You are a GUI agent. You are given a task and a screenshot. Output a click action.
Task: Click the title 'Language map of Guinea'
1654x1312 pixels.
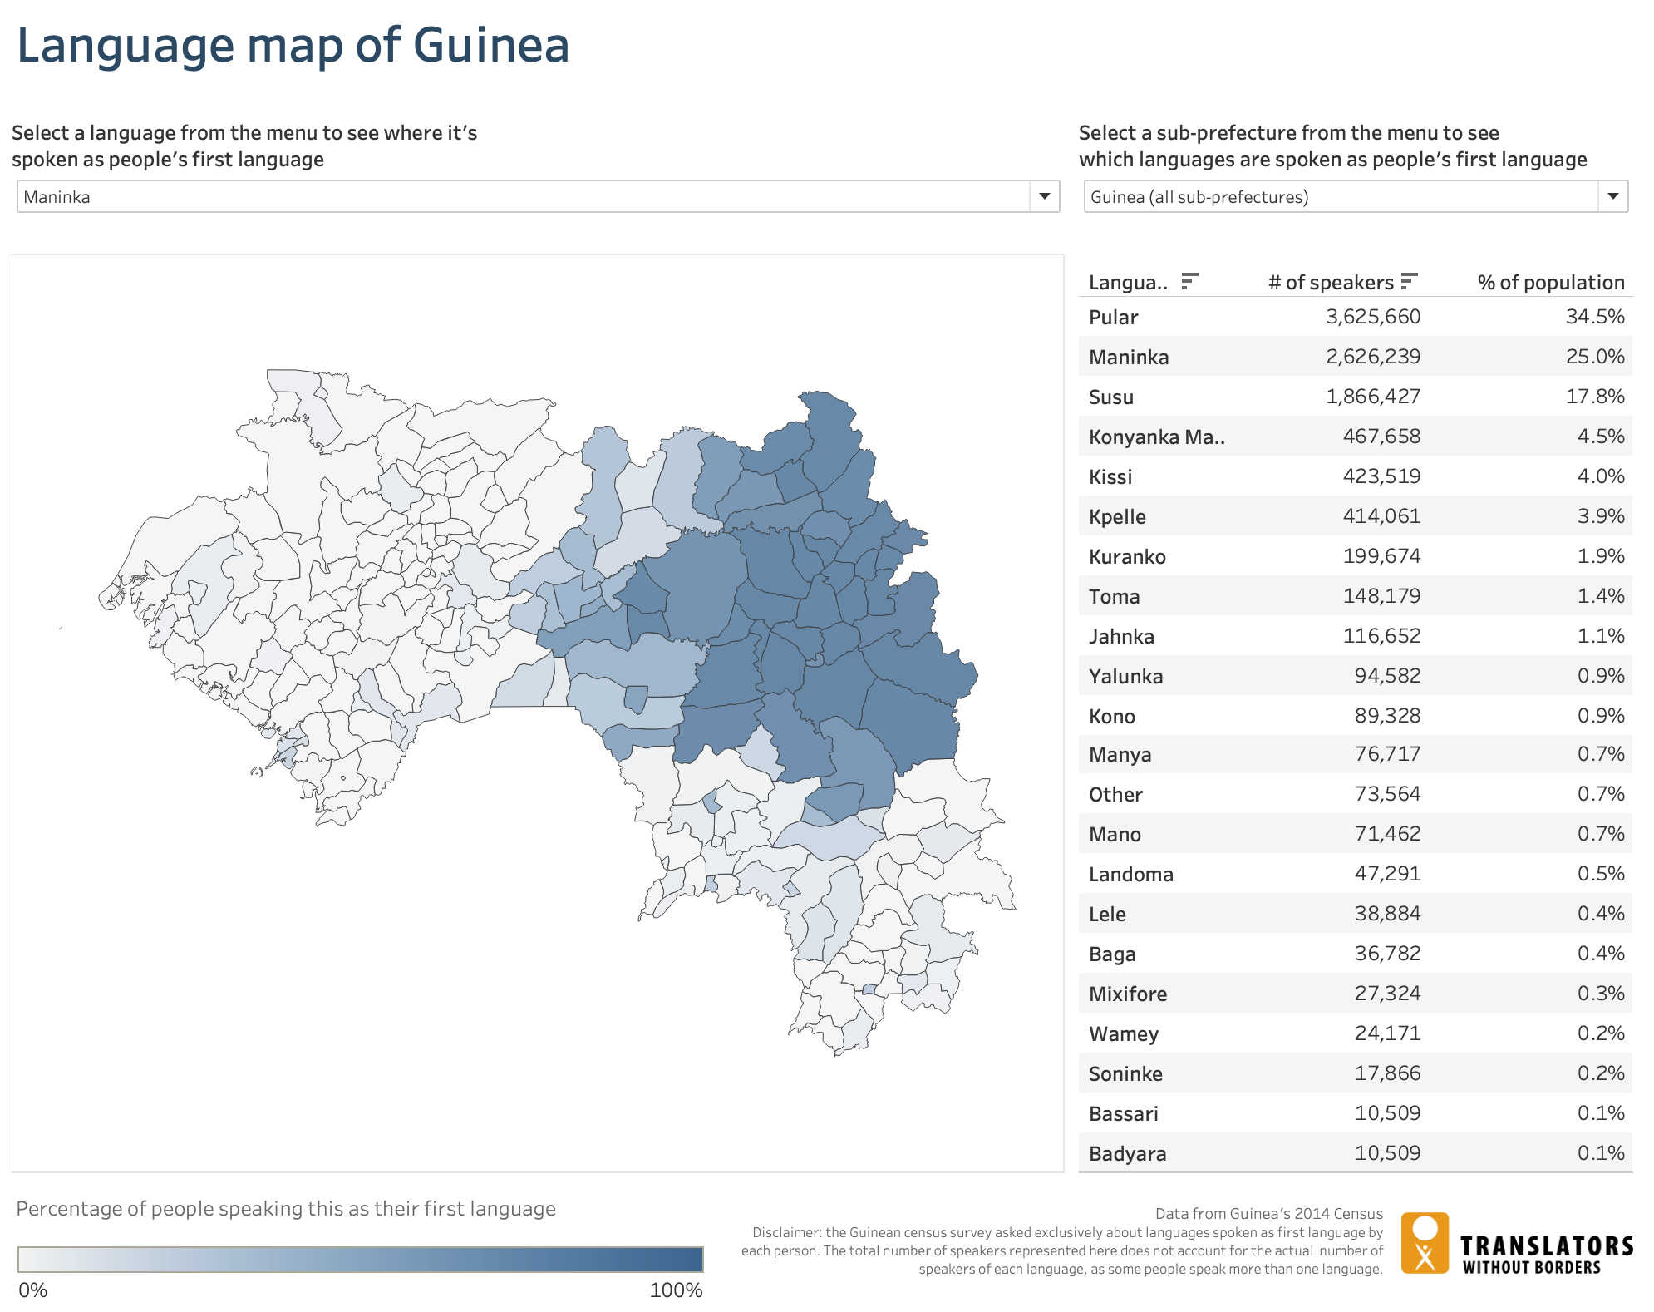click(293, 46)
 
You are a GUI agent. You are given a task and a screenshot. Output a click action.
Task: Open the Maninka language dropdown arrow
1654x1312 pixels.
click(1044, 197)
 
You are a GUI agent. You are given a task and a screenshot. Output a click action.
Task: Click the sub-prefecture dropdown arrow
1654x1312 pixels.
click(1612, 197)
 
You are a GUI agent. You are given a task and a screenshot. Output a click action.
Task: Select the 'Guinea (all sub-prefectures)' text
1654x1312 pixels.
click(1199, 197)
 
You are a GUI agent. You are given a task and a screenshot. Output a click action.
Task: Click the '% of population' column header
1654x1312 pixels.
click(1550, 283)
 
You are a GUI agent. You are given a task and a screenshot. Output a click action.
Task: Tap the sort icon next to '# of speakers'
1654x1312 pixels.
click(1408, 282)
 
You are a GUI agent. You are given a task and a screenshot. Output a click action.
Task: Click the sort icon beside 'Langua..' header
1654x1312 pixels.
click(1189, 282)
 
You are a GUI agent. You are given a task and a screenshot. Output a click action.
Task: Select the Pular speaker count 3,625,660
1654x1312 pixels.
click(1372, 317)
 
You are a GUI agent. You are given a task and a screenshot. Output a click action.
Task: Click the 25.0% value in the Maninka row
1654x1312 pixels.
click(1594, 357)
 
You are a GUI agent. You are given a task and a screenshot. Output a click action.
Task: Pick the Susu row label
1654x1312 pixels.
click(1110, 397)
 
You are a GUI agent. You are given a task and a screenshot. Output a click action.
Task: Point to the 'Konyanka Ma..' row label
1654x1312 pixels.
click(1156, 437)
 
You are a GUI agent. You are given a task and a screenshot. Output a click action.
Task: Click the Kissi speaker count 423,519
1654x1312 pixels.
click(1381, 476)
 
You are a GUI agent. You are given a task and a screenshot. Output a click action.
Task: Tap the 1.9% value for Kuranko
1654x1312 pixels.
click(1600, 556)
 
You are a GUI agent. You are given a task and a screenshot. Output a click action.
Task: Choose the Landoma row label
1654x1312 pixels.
click(1130, 874)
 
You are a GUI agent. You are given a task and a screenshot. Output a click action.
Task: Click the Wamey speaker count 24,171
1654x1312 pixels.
click(1387, 1033)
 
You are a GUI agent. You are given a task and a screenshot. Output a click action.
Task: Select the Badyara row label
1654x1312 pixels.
click(1127, 1153)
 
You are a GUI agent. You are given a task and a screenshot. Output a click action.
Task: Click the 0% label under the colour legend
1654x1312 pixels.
click(32, 1290)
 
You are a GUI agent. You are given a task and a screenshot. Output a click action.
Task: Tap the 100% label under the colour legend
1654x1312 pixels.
click(675, 1290)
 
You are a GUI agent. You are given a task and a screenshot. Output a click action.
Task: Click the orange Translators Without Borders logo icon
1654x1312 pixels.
click(1425, 1243)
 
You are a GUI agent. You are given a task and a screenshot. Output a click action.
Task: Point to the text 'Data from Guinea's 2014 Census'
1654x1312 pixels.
click(1268, 1214)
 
